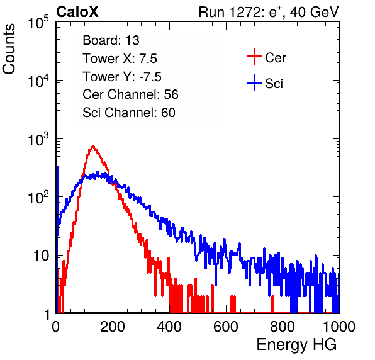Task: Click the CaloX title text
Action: click(77, 12)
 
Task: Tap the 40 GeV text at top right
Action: click(314, 12)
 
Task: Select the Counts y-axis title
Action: click(9, 49)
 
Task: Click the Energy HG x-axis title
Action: click(296, 345)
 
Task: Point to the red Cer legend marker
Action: click(254, 57)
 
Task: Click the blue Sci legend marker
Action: click(254, 83)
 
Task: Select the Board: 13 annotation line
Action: click(111, 40)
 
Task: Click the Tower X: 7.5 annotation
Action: click(120, 59)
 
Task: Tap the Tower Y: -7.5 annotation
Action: click(122, 77)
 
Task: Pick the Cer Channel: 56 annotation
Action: click(130, 94)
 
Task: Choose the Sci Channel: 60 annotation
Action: click(129, 113)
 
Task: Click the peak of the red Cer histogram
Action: click(93, 146)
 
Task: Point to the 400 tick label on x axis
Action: click(169, 327)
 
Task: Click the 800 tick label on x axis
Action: click(283, 327)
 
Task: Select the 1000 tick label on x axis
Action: click(339, 327)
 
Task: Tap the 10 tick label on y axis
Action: click(42, 256)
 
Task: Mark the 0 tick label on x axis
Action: click(55, 327)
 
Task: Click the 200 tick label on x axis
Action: click(113, 327)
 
